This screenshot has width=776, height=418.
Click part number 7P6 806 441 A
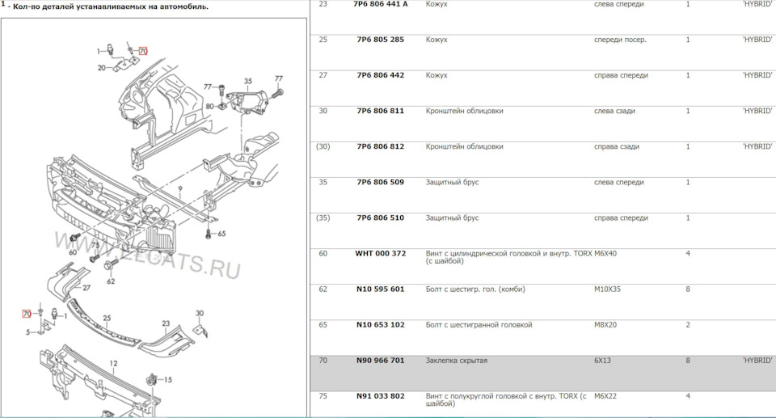point(382,5)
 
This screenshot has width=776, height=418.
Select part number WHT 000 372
point(380,254)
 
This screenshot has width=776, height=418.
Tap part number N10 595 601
point(380,289)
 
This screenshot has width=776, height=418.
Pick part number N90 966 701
point(380,361)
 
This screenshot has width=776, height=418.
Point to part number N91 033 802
point(380,396)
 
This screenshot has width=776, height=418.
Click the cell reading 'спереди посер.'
point(620,40)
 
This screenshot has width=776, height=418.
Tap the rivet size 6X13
point(602,361)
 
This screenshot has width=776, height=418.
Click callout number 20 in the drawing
point(102,68)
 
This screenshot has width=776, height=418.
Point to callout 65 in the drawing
point(221,234)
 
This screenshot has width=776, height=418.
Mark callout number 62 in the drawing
point(111,281)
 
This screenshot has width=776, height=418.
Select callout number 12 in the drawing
point(114,363)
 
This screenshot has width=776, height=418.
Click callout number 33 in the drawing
point(169,378)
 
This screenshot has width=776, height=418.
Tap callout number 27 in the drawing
point(86,287)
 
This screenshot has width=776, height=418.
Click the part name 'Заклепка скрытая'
point(457,361)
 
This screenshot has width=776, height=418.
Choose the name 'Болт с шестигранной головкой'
point(479,325)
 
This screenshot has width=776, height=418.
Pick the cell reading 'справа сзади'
point(617,147)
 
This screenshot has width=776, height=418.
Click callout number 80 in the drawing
point(209,106)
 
